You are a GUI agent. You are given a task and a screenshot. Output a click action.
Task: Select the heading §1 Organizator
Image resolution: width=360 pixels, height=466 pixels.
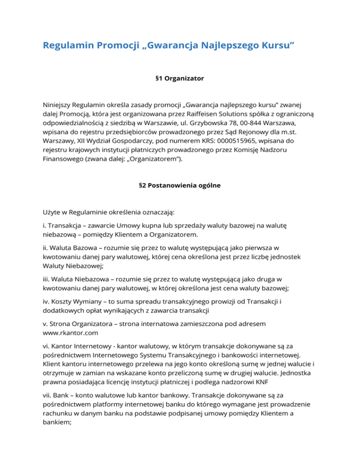click(x=180, y=78)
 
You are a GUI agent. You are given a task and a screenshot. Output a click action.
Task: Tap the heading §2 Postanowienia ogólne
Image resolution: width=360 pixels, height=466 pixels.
click(x=180, y=185)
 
